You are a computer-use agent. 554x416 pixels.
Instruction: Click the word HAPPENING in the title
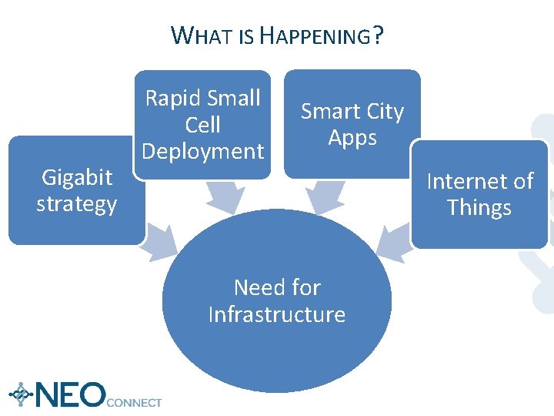315,35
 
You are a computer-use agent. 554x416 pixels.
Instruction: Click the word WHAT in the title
201,35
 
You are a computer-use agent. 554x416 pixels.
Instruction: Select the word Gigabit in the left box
77,177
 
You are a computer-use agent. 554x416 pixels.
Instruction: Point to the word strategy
77,204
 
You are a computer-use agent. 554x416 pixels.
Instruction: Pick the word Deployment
203,151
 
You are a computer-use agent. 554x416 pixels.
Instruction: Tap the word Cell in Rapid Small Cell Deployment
203,125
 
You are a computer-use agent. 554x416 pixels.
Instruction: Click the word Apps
352,138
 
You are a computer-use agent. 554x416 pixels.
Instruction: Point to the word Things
479,208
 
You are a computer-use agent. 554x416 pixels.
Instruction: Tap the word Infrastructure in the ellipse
277,314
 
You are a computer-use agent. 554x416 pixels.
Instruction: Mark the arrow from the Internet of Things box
392,237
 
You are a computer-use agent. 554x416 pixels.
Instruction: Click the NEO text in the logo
69,394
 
